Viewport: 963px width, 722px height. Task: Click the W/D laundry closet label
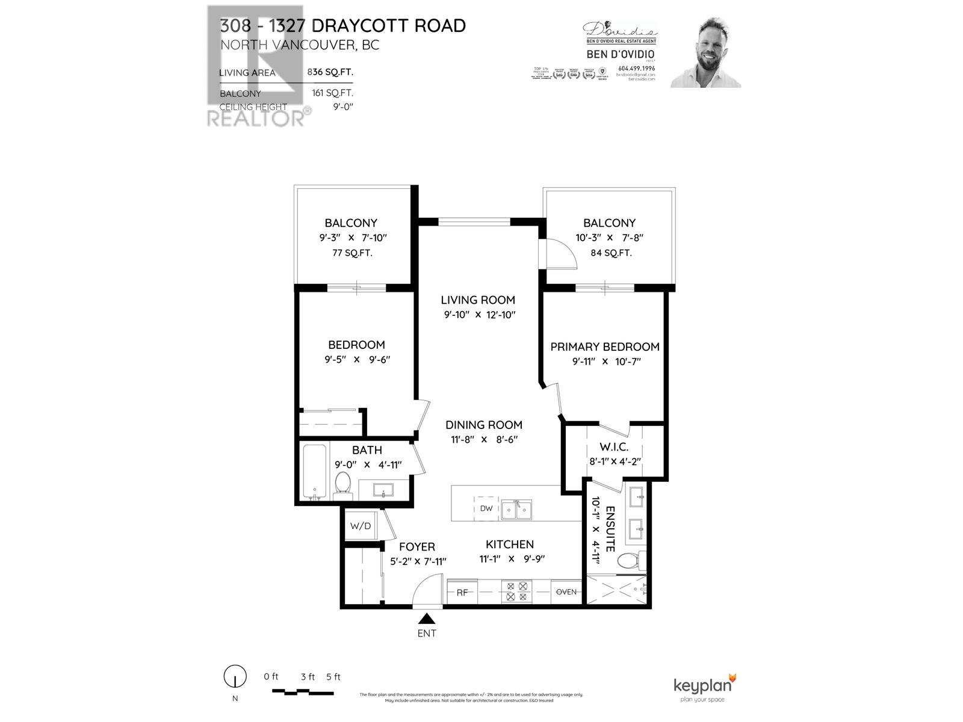361,526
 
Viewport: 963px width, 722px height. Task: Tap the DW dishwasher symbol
486,508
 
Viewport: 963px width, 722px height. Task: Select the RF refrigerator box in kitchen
462,592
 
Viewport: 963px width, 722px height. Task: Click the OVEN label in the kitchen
566,592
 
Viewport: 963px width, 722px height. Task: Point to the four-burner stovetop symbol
516,591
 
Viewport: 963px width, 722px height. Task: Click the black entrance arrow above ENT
427,619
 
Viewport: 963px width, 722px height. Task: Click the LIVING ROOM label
478,300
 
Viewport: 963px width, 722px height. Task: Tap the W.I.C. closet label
614,447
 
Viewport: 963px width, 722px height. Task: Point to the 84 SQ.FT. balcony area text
611,253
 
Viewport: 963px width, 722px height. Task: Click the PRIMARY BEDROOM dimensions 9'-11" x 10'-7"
607,362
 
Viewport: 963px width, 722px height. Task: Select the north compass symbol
235,677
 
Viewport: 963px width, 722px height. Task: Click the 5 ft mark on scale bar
333,677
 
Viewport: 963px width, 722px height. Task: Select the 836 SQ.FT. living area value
330,72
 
